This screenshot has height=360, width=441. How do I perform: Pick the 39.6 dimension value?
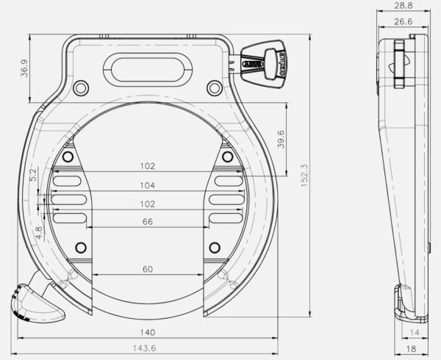point(281,139)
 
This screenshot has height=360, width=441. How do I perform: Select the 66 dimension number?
point(148,221)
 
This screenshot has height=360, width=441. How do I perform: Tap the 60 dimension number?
point(148,270)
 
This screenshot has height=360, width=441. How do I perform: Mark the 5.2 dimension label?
point(32,175)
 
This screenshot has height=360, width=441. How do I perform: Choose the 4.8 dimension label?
point(39,234)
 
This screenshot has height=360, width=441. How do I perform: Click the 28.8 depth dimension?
point(402,5)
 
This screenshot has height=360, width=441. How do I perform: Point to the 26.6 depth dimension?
point(402,22)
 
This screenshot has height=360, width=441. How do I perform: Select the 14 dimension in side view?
point(414,333)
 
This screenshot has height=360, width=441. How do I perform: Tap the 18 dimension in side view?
point(412,348)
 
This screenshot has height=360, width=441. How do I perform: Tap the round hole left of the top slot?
point(81,88)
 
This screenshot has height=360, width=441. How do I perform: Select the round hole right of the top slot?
point(214,88)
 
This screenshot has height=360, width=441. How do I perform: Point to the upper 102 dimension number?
point(148,166)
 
